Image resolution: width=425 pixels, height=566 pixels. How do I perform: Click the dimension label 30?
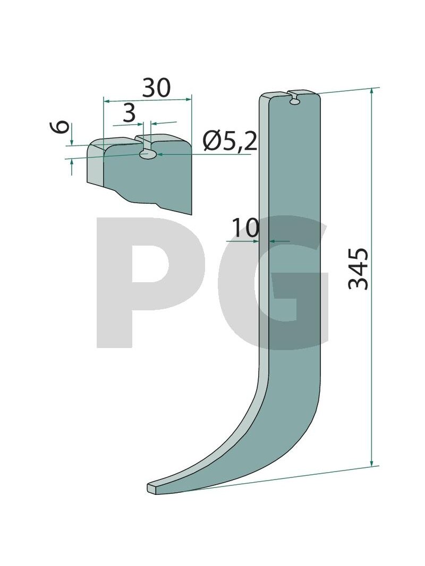(156, 88)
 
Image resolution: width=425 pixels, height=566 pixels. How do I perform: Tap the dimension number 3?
(129, 114)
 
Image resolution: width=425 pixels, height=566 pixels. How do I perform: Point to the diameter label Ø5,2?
(230, 142)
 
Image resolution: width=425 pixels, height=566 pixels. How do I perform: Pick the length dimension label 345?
(358, 269)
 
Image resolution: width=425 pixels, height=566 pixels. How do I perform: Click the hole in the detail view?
(148, 154)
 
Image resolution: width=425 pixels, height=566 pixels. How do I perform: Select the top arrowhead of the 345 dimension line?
(371, 93)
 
